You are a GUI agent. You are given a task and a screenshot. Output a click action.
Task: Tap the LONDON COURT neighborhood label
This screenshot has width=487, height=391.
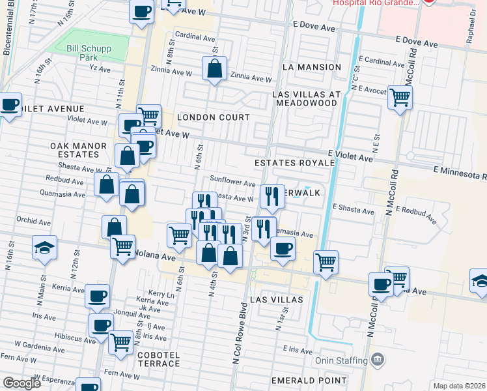pyautogui.click(x=214, y=117)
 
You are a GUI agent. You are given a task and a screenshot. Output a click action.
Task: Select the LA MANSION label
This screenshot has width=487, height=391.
pyautogui.click(x=312, y=67)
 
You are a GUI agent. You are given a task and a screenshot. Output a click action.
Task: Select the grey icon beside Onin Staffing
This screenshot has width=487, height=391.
pyautogui.click(x=377, y=360)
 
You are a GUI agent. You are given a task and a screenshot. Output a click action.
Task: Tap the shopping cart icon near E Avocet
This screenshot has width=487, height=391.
pyautogui.click(x=400, y=97)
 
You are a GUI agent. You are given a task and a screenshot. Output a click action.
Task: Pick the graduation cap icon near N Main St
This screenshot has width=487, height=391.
pyautogui.click(x=45, y=248)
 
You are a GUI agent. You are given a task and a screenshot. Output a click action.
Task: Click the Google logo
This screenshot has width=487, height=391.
pyautogui.click(x=21, y=383)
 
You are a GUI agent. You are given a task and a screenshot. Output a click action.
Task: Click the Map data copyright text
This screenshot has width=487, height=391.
pyautogui.click(x=459, y=386)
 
